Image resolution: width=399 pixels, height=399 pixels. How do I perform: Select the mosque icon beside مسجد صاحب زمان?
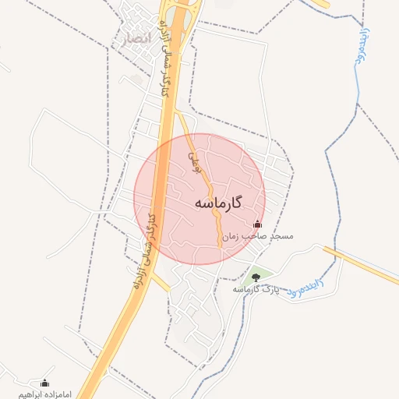pyautogui.click(x=259, y=224)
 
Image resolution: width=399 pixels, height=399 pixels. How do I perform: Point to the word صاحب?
pyautogui.click(x=254, y=235)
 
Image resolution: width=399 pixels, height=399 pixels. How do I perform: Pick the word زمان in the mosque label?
pyautogui.click(x=231, y=235)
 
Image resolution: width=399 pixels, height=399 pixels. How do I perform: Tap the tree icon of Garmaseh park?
pyautogui.click(x=256, y=277)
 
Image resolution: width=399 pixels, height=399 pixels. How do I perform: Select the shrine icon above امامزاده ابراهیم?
pyautogui.click(x=44, y=383)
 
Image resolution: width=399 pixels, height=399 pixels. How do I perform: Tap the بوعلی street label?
pyautogui.click(x=196, y=162)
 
